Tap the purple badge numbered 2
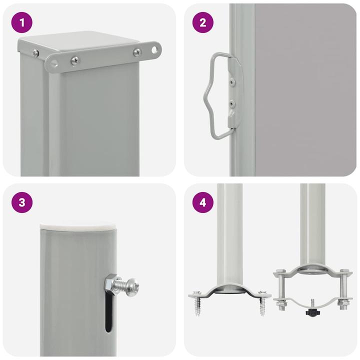tap(202, 22)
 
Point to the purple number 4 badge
tap(202, 202)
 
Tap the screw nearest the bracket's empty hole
tap(136, 51)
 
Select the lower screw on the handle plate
tap(231, 104)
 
